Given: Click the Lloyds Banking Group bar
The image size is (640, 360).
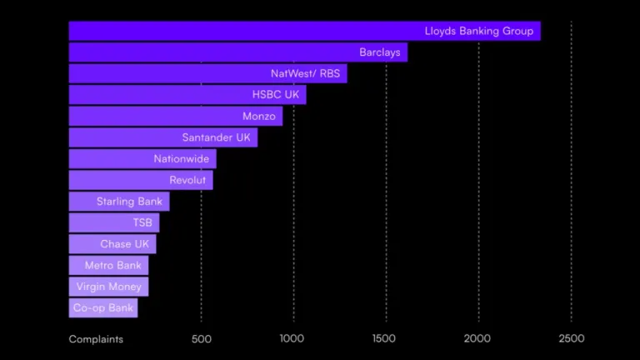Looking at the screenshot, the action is (x=304, y=31).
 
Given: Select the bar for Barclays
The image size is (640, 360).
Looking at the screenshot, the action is (x=238, y=52).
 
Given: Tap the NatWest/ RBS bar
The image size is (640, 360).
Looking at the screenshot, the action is (x=207, y=73).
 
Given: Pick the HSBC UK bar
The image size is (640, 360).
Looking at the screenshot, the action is (x=187, y=95).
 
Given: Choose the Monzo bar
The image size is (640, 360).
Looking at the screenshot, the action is (x=176, y=116).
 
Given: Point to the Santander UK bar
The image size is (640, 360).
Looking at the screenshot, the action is (x=163, y=137).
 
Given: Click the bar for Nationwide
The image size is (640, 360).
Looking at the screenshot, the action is (x=142, y=159).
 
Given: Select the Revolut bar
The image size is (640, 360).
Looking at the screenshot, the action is (x=141, y=180).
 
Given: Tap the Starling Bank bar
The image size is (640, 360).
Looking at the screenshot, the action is (x=119, y=201).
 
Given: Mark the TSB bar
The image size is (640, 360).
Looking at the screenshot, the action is (x=114, y=222).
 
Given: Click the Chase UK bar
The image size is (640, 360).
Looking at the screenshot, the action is (x=112, y=243).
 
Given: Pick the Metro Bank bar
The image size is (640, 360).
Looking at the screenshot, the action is (x=108, y=265).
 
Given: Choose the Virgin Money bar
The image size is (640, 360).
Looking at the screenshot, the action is (x=108, y=287).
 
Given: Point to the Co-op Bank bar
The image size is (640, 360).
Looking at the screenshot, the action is (x=103, y=307).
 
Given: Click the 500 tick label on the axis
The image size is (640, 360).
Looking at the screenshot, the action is (x=201, y=339).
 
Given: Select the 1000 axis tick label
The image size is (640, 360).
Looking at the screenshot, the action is (x=292, y=338).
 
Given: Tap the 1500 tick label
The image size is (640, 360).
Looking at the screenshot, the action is (x=383, y=338).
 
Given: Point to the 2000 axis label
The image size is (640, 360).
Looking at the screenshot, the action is (x=477, y=338).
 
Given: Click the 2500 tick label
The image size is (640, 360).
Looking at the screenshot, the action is (x=572, y=338).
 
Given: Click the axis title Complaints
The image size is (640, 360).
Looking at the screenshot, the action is (x=96, y=339).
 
